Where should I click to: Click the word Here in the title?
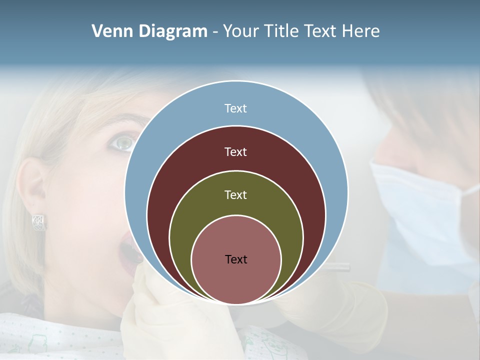pyautogui.click(x=360, y=31)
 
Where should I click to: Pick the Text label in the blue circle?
pyautogui.click(x=236, y=108)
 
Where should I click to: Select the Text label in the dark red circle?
pyautogui.click(x=236, y=151)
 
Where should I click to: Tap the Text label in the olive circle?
pyautogui.click(x=236, y=195)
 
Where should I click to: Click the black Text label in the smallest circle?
pyautogui.click(x=236, y=259)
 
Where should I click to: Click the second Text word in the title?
pyautogui.click(x=320, y=31)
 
